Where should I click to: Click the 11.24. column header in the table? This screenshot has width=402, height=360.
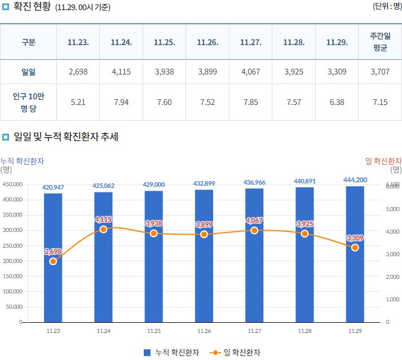click(x=121, y=42)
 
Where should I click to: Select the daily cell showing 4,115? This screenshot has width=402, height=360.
click(x=121, y=72)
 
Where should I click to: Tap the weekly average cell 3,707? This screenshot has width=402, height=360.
click(x=380, y=72)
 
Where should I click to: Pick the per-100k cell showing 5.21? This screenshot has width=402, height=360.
click(x=78, y=102)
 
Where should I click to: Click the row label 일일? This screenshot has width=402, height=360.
click(x=28, y=72)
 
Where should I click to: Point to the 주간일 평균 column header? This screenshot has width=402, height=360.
click(x=380, y=42)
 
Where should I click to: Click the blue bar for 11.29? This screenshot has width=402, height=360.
click(x=355, y=282)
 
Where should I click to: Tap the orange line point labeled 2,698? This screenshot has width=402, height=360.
click(x=53, y=261)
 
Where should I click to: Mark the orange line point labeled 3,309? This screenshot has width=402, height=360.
click(x=355, y=248)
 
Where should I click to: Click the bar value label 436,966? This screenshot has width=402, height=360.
click(x=254, y=183)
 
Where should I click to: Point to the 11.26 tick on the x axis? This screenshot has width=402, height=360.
click(x=204, y=331)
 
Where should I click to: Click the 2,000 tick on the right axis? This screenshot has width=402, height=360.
click(x=392, y=276)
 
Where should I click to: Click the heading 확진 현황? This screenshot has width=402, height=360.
click(x=32, y=7)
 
